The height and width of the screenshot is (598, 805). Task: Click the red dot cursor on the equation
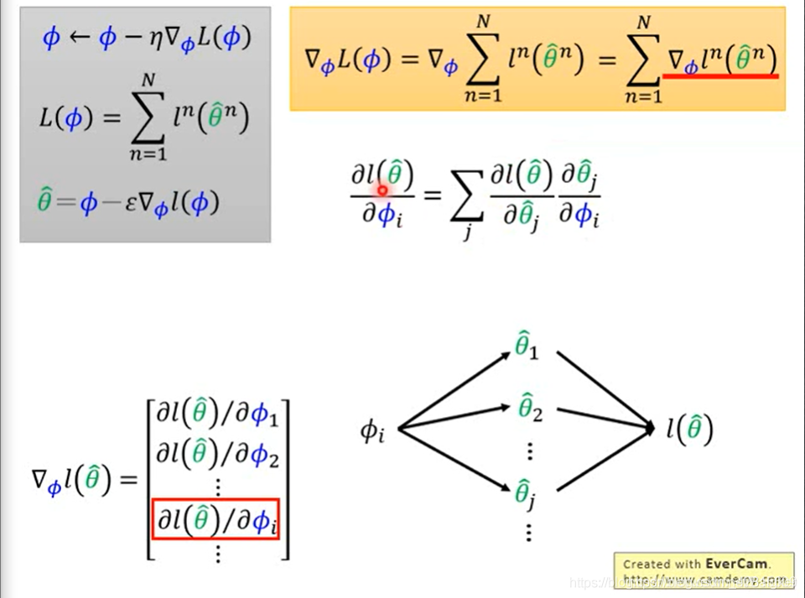pos(382,190)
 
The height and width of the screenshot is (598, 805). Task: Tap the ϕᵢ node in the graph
pos(372,431)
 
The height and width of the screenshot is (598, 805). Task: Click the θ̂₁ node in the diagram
pos(526,345)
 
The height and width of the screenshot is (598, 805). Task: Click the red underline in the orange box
pos(720,76)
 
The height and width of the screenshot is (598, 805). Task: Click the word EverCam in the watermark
pos(737,564)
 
